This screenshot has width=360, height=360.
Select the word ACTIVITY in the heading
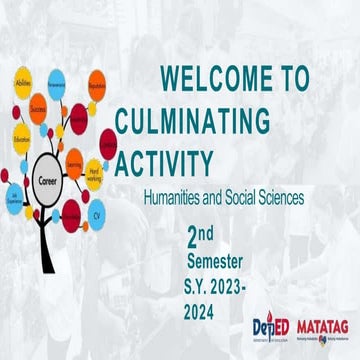coord(164,163)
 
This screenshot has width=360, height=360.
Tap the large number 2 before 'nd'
coord(193,236)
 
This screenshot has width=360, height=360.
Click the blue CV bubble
coord(97,213)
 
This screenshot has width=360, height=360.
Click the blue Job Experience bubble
coord(14,195)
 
